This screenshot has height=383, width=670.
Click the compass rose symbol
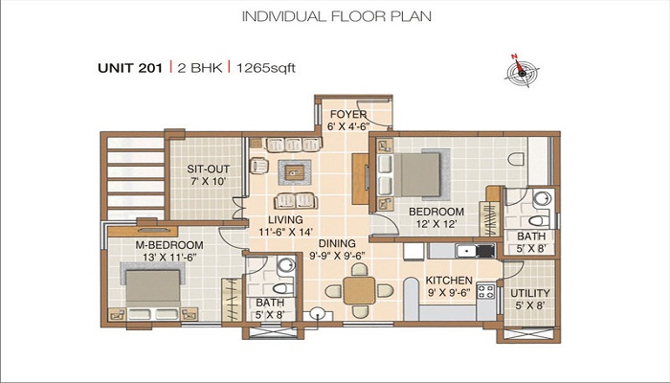tap(522, 71)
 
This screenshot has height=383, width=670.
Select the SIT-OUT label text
tap(208, 169)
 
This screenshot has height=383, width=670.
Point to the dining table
tap(359, 291)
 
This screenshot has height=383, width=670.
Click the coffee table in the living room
tap(295, 172)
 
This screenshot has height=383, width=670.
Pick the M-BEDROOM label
tap(169, 245)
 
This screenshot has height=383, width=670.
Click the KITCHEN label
tap(449, 281)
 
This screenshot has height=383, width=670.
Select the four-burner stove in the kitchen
tap(485, 291)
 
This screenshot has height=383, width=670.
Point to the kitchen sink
tap(466, 251)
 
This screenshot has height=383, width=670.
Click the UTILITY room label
tap(530, 293)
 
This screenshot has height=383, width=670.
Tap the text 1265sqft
tap(266, 68)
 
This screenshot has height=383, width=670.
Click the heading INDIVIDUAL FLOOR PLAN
tap(336, 16)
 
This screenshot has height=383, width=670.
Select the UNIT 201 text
tap(130, 68)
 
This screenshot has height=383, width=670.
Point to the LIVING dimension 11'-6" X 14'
tap(285, 232)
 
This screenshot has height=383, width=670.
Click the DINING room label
tap(337, 243)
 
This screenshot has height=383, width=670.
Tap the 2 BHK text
tap(199, 68)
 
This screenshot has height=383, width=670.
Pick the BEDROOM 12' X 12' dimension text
tap(435, 223)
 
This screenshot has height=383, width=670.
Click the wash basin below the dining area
tap(317, 314)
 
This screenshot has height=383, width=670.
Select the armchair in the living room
tap(259, 166)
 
